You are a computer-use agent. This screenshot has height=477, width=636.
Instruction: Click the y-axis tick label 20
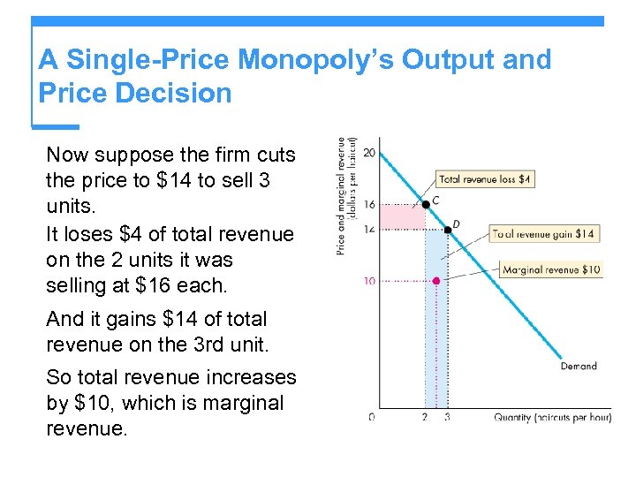(369, 153)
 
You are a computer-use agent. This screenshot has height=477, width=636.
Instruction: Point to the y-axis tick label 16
(369, 205)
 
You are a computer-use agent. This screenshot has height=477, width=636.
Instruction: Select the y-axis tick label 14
(369, 230)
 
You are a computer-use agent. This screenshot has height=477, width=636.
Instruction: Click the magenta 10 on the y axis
(369, 282)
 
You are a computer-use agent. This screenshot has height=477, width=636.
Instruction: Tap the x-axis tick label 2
(426, 416)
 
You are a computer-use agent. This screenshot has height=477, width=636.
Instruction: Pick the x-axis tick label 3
(447, 416)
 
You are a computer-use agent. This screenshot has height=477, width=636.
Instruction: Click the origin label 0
(371, 416)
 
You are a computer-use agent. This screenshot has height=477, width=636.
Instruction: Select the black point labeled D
(448, 230)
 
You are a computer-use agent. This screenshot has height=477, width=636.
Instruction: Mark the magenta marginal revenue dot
(436, 281)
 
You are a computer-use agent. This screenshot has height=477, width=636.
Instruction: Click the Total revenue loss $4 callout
(485, 179)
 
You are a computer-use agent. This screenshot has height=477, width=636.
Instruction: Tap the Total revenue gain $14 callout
(543, 234)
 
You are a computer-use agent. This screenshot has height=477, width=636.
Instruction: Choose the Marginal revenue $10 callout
(552, 269)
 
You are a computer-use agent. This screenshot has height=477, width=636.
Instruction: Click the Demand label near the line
(579, 366)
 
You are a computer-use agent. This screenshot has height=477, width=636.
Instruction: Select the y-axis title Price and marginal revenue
(345, 196)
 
